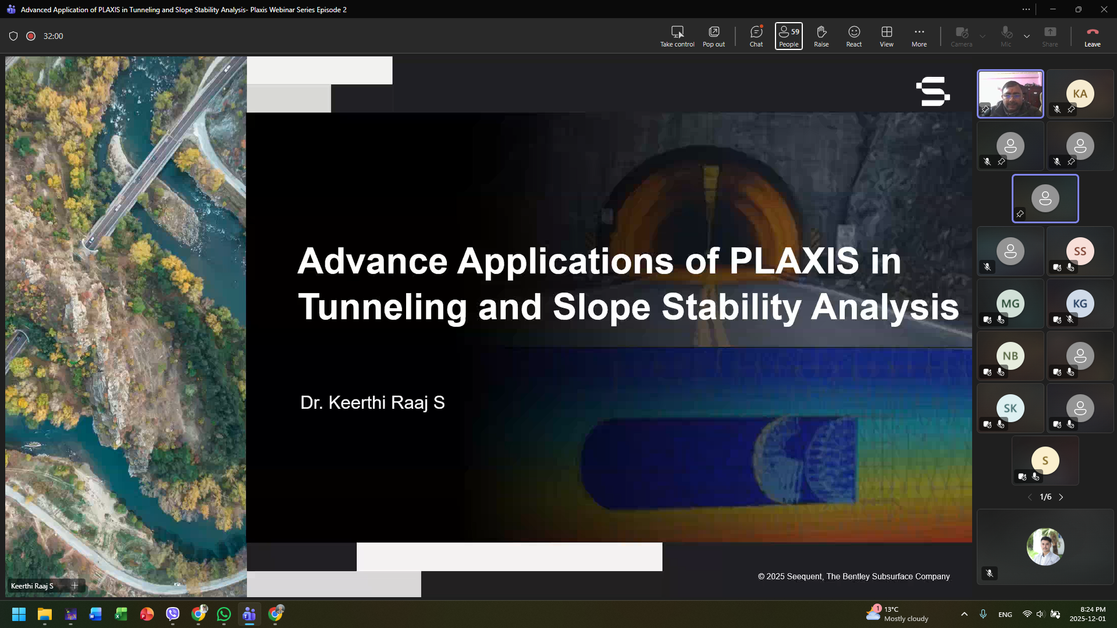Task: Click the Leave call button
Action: coord(1092,36)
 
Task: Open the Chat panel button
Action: coord(756,36)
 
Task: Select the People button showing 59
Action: coord(789,36)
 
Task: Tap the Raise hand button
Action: coord(821,36)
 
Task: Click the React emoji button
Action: coord(854,36)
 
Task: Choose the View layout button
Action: coord(887,36)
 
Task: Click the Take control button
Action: coord(677,36)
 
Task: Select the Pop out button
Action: coord(714,36)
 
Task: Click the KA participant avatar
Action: coord(1080,94)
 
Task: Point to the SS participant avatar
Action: coord(1080,251)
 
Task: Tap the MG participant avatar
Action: coord(1011,304)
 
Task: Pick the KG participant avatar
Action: coord(1080,304)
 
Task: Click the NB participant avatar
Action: coord(1011,356)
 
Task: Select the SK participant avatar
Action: coord(1011,408)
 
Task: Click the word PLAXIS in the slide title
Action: coord(794,261)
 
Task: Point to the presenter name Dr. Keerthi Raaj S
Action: coord(372,402)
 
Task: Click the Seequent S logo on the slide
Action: coord(933,91)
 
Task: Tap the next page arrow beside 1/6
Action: coord(1061,497)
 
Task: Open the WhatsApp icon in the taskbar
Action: coord(224,614)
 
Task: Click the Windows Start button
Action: coord(19,614)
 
